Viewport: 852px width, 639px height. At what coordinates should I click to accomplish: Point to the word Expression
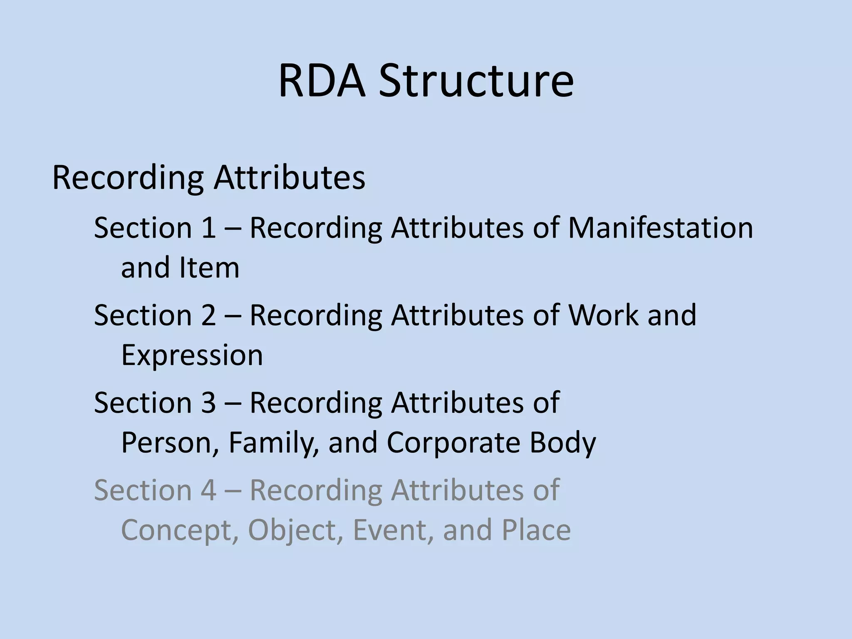pyautogui.click(x=192, y=355)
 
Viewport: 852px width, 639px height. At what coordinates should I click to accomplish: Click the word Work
pyautogui.click(x=603, y=315)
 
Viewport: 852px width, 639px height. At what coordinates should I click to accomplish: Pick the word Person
pyautogui.click(x=170, y=442)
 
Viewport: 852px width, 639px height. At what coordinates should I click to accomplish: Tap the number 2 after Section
pyautogui.click(x=208, y=315)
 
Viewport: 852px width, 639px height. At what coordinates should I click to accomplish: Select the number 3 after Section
pyautogui.click(x=208, y=402)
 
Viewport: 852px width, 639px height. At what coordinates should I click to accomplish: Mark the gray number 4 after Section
pyautogui.click(x=208, y=490)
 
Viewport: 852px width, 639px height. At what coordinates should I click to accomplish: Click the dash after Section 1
pyautogui.click(x=233, y=229)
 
